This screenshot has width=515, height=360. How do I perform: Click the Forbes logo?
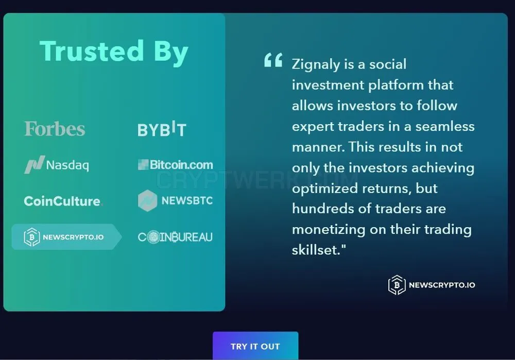tap(55, 129)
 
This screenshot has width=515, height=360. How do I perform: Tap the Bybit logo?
tap(162, 129)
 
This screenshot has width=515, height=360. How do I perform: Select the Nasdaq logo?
tap(57, 165)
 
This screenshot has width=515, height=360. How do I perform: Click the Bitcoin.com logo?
tap(176, 165)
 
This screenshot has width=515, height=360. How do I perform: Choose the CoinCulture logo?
tap(63, 201)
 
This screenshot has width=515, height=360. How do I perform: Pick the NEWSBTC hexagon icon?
tap(147, 200)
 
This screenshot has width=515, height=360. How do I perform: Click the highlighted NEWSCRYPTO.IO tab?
tap(66, 237)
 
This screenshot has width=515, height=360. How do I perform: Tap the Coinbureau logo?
tap(175, 237)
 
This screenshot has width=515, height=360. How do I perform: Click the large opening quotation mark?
tap(273, 60)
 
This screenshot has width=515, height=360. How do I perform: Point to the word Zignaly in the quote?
tap(316, 64)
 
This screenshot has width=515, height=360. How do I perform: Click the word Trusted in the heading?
tap(92, 51)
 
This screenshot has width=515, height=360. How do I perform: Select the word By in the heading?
tap(171, 53)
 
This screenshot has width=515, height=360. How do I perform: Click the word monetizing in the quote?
tap(329, 230)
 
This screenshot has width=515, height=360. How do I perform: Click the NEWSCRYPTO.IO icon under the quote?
tap(397, 285)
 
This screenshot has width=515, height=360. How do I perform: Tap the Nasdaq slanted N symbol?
tap(35, 165)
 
